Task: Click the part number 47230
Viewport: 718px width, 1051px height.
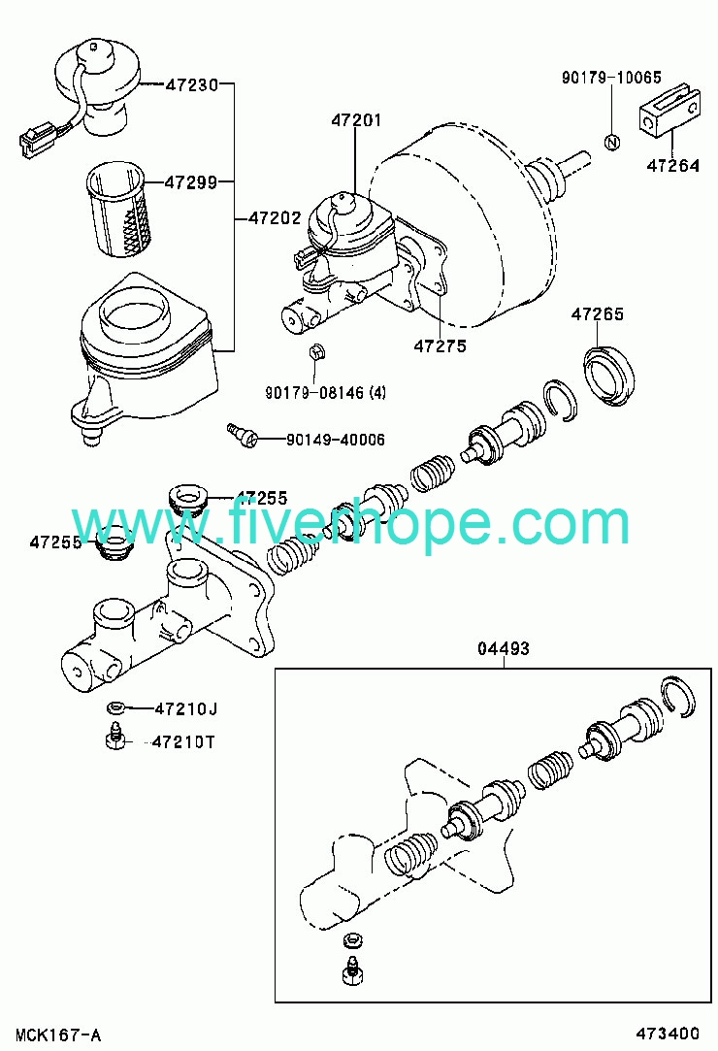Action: [x=192, y=84]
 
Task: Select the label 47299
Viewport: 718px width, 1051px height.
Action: [x=191, y=181]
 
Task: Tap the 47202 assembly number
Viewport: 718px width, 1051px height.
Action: [x=275, y=217]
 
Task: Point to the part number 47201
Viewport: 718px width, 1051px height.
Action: [x=356, y=120]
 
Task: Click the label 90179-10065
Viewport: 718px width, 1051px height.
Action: [x=611, y=77]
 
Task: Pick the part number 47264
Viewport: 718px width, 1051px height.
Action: [x=672, y=165]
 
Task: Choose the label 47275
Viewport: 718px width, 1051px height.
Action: [x=440, y=345]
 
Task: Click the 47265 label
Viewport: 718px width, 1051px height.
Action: [x=598, y=313]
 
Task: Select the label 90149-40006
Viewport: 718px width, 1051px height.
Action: [x=336, y=440]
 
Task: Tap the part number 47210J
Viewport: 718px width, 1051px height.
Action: [x=186, y=708]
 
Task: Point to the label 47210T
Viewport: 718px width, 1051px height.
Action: [x=183, y=742]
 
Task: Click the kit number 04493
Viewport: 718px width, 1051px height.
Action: [x=504, y=648]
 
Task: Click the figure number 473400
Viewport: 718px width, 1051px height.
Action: [x=667, y=1034]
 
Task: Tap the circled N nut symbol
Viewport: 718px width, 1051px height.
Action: [x=612, y=142]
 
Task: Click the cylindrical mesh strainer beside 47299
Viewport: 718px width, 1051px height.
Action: [x=119, y=209]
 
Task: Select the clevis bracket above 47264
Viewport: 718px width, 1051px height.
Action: [x=669, y=112]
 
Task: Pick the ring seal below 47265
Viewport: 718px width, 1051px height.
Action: [x=609, y=376]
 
